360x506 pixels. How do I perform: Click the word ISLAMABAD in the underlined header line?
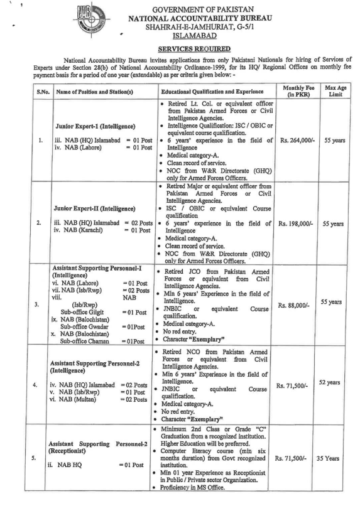click(180, 36)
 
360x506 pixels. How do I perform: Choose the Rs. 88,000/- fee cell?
click(297, 306)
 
